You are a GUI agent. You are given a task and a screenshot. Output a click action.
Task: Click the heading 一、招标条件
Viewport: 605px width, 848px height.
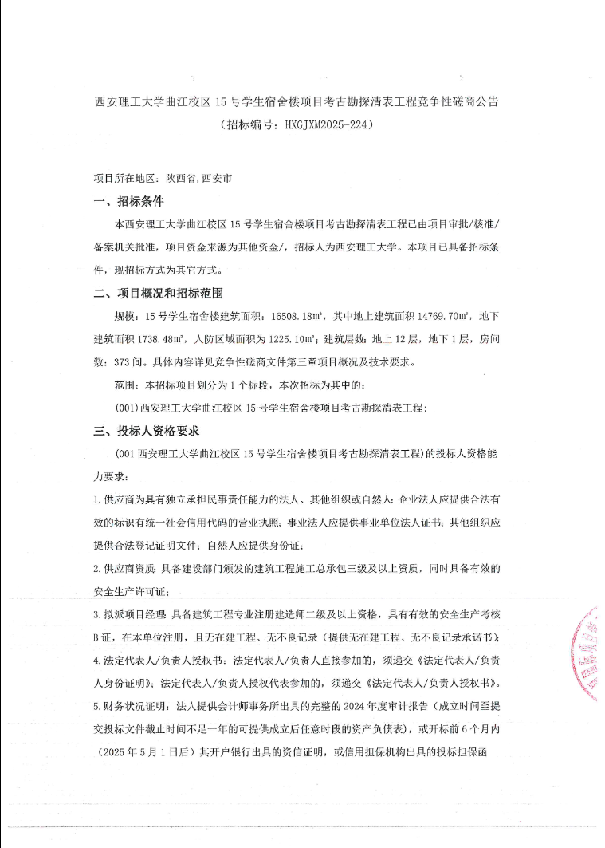coord(129,201)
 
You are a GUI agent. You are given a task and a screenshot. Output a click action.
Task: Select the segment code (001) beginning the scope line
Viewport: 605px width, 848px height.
coord(128,408)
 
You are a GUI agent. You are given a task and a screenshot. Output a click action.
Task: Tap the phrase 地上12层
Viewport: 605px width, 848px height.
coord(394,339)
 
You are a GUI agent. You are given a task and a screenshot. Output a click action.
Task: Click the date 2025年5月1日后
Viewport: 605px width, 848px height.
coord(147,752)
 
